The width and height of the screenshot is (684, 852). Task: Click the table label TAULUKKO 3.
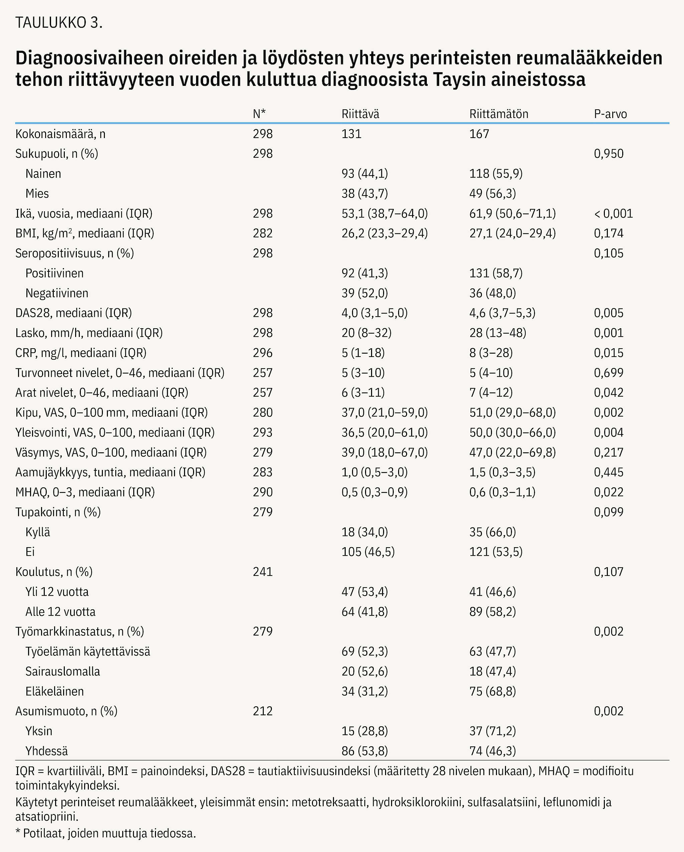click(x=59, y=23)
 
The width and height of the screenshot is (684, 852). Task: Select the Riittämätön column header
click(x=498, y=114)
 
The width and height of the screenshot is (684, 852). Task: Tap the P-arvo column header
click(x=610, y=114)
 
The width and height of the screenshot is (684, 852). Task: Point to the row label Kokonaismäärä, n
click(x=60, y=134)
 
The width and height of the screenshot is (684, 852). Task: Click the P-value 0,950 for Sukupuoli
click(x=609, y=154)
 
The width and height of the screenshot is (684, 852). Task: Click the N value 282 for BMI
click(x=263, y=233)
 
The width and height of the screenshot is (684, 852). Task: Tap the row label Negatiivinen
click(x=57, y=293)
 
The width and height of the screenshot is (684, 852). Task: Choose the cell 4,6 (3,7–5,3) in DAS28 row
click(x=502, y=313)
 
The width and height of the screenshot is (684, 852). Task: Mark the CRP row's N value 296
click(x=263, y=353)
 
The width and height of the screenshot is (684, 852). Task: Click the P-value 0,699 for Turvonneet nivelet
click(x=609, y=373)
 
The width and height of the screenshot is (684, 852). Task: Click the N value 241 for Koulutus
click(x=263, y=572)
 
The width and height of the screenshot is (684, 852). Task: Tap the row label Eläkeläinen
click(x=54, y=691)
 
